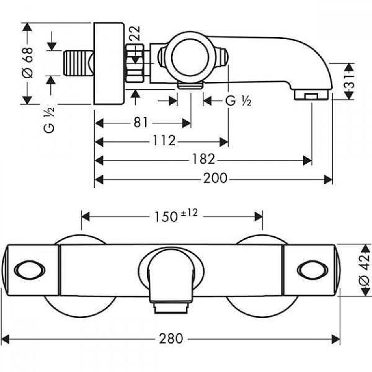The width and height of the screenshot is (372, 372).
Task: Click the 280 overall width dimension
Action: coord(171,339)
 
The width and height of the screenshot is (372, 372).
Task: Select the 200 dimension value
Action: coord(215,178)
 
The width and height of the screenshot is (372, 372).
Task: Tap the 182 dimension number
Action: coord(203,159)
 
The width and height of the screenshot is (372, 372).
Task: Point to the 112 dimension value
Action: coord(164,140)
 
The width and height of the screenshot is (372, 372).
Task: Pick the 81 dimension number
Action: coord(141,122)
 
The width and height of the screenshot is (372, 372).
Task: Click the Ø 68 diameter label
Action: coord(27,63)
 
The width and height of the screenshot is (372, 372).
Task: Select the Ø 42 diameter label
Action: coord(365,270)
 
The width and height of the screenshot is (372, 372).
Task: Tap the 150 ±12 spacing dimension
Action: coord(176,215)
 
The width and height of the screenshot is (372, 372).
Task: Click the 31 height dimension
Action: coord(350,81)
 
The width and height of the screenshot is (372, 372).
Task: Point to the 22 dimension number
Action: coord(135,33)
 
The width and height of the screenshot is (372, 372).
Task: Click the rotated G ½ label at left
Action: coord(49,120)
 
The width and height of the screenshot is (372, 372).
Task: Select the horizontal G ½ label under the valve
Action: coord(238,101)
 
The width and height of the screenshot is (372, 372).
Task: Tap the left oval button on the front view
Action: coord(30,270)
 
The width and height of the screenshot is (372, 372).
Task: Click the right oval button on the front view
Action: coord(312,270)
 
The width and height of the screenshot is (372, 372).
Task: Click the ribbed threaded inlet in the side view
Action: coord(79,63)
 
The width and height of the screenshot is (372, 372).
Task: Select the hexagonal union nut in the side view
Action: coord(135,63)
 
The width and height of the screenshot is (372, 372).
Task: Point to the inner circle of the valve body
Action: coord(190,57)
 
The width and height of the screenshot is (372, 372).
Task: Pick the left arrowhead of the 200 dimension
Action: coord(99,179)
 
